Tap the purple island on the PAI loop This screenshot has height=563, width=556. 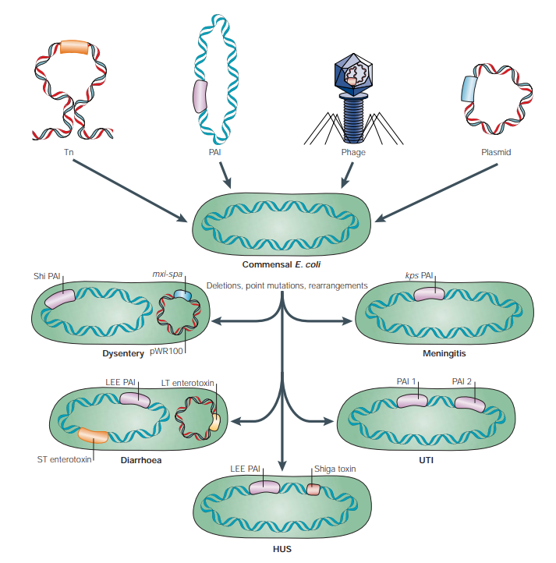[200, 97]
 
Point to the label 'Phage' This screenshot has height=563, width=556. [353, 152]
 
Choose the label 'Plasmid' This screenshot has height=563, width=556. [496, 152]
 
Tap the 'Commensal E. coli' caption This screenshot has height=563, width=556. [278, 264]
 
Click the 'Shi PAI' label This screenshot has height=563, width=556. [48, 276]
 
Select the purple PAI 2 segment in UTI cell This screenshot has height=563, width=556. [469, 403]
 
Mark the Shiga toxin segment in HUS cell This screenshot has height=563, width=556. [313, 489]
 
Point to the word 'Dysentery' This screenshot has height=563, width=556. [124, 353]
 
